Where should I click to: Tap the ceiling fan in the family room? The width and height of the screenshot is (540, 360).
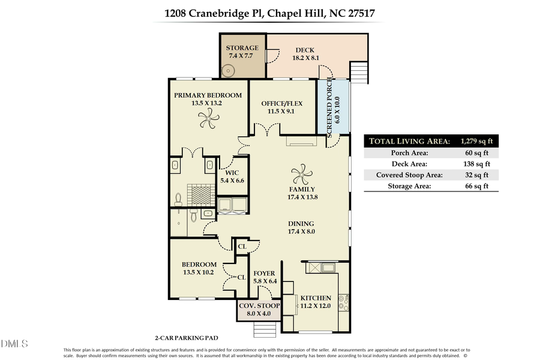click(x=302, y=175)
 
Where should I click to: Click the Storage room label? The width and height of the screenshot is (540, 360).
click(x=242, y=48)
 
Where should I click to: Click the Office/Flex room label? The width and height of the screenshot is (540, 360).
click(x=281, y=103)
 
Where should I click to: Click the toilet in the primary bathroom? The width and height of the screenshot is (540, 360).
click(x=179, y=197)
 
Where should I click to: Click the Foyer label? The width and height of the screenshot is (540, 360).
click(x=264, y=274)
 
